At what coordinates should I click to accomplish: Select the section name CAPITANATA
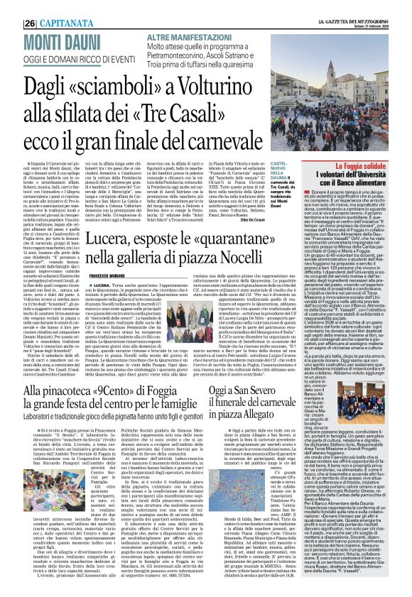click(43, 6)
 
